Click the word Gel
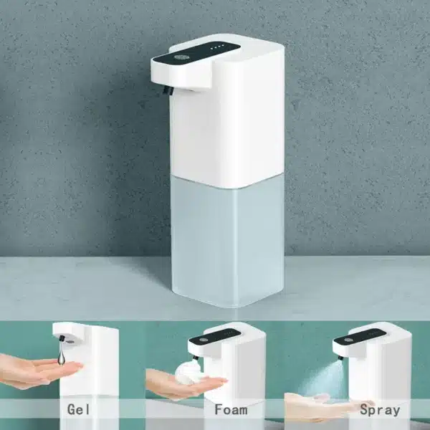[x=78, y=410]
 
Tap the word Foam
[x=231, y=410]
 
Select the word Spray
[x=380, y=411]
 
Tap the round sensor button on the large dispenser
[x=179, y=57]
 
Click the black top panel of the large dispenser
[x=197, y=52]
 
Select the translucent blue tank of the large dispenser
[x=227, y=242]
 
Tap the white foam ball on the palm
[x=190, y=371]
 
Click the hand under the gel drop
[x=39, y=371]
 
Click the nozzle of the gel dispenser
[x=62, y=339]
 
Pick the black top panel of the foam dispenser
[x=214, y=337]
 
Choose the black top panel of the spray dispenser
[x=359, y=337]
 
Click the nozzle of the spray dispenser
[x=341, y=357]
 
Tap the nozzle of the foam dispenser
[x=195, y=358]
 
